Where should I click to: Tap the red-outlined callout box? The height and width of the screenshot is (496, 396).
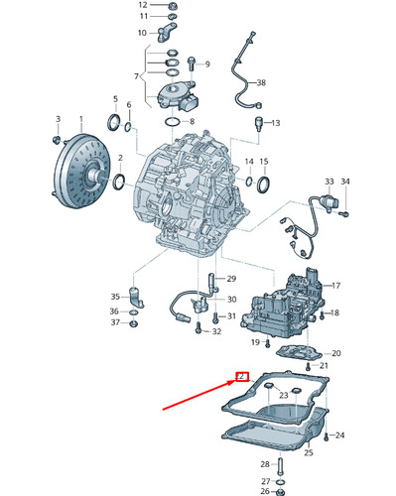[x=240, y=376]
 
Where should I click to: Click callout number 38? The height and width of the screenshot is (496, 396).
[x=261, y=82]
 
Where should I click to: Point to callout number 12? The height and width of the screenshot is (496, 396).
[x=143, y=6]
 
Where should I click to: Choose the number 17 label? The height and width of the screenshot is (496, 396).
[x=335, y=285]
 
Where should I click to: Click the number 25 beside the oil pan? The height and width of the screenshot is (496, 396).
[x=308, y=453]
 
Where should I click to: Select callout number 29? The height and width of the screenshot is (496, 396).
[x=231, y=279]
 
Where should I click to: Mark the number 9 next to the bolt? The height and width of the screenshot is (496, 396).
[x=206, y=64]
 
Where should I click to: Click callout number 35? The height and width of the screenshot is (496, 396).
[x=115, y=296]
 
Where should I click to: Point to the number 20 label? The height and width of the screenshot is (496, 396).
[x=335, y=354]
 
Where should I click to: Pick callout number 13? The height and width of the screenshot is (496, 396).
[x=276, y=123]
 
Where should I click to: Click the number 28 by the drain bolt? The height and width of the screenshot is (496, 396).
[x=265, y=464]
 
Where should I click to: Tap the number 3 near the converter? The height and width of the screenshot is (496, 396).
[x=58, y=118]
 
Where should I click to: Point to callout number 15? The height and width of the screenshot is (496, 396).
[x=264, y=161]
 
